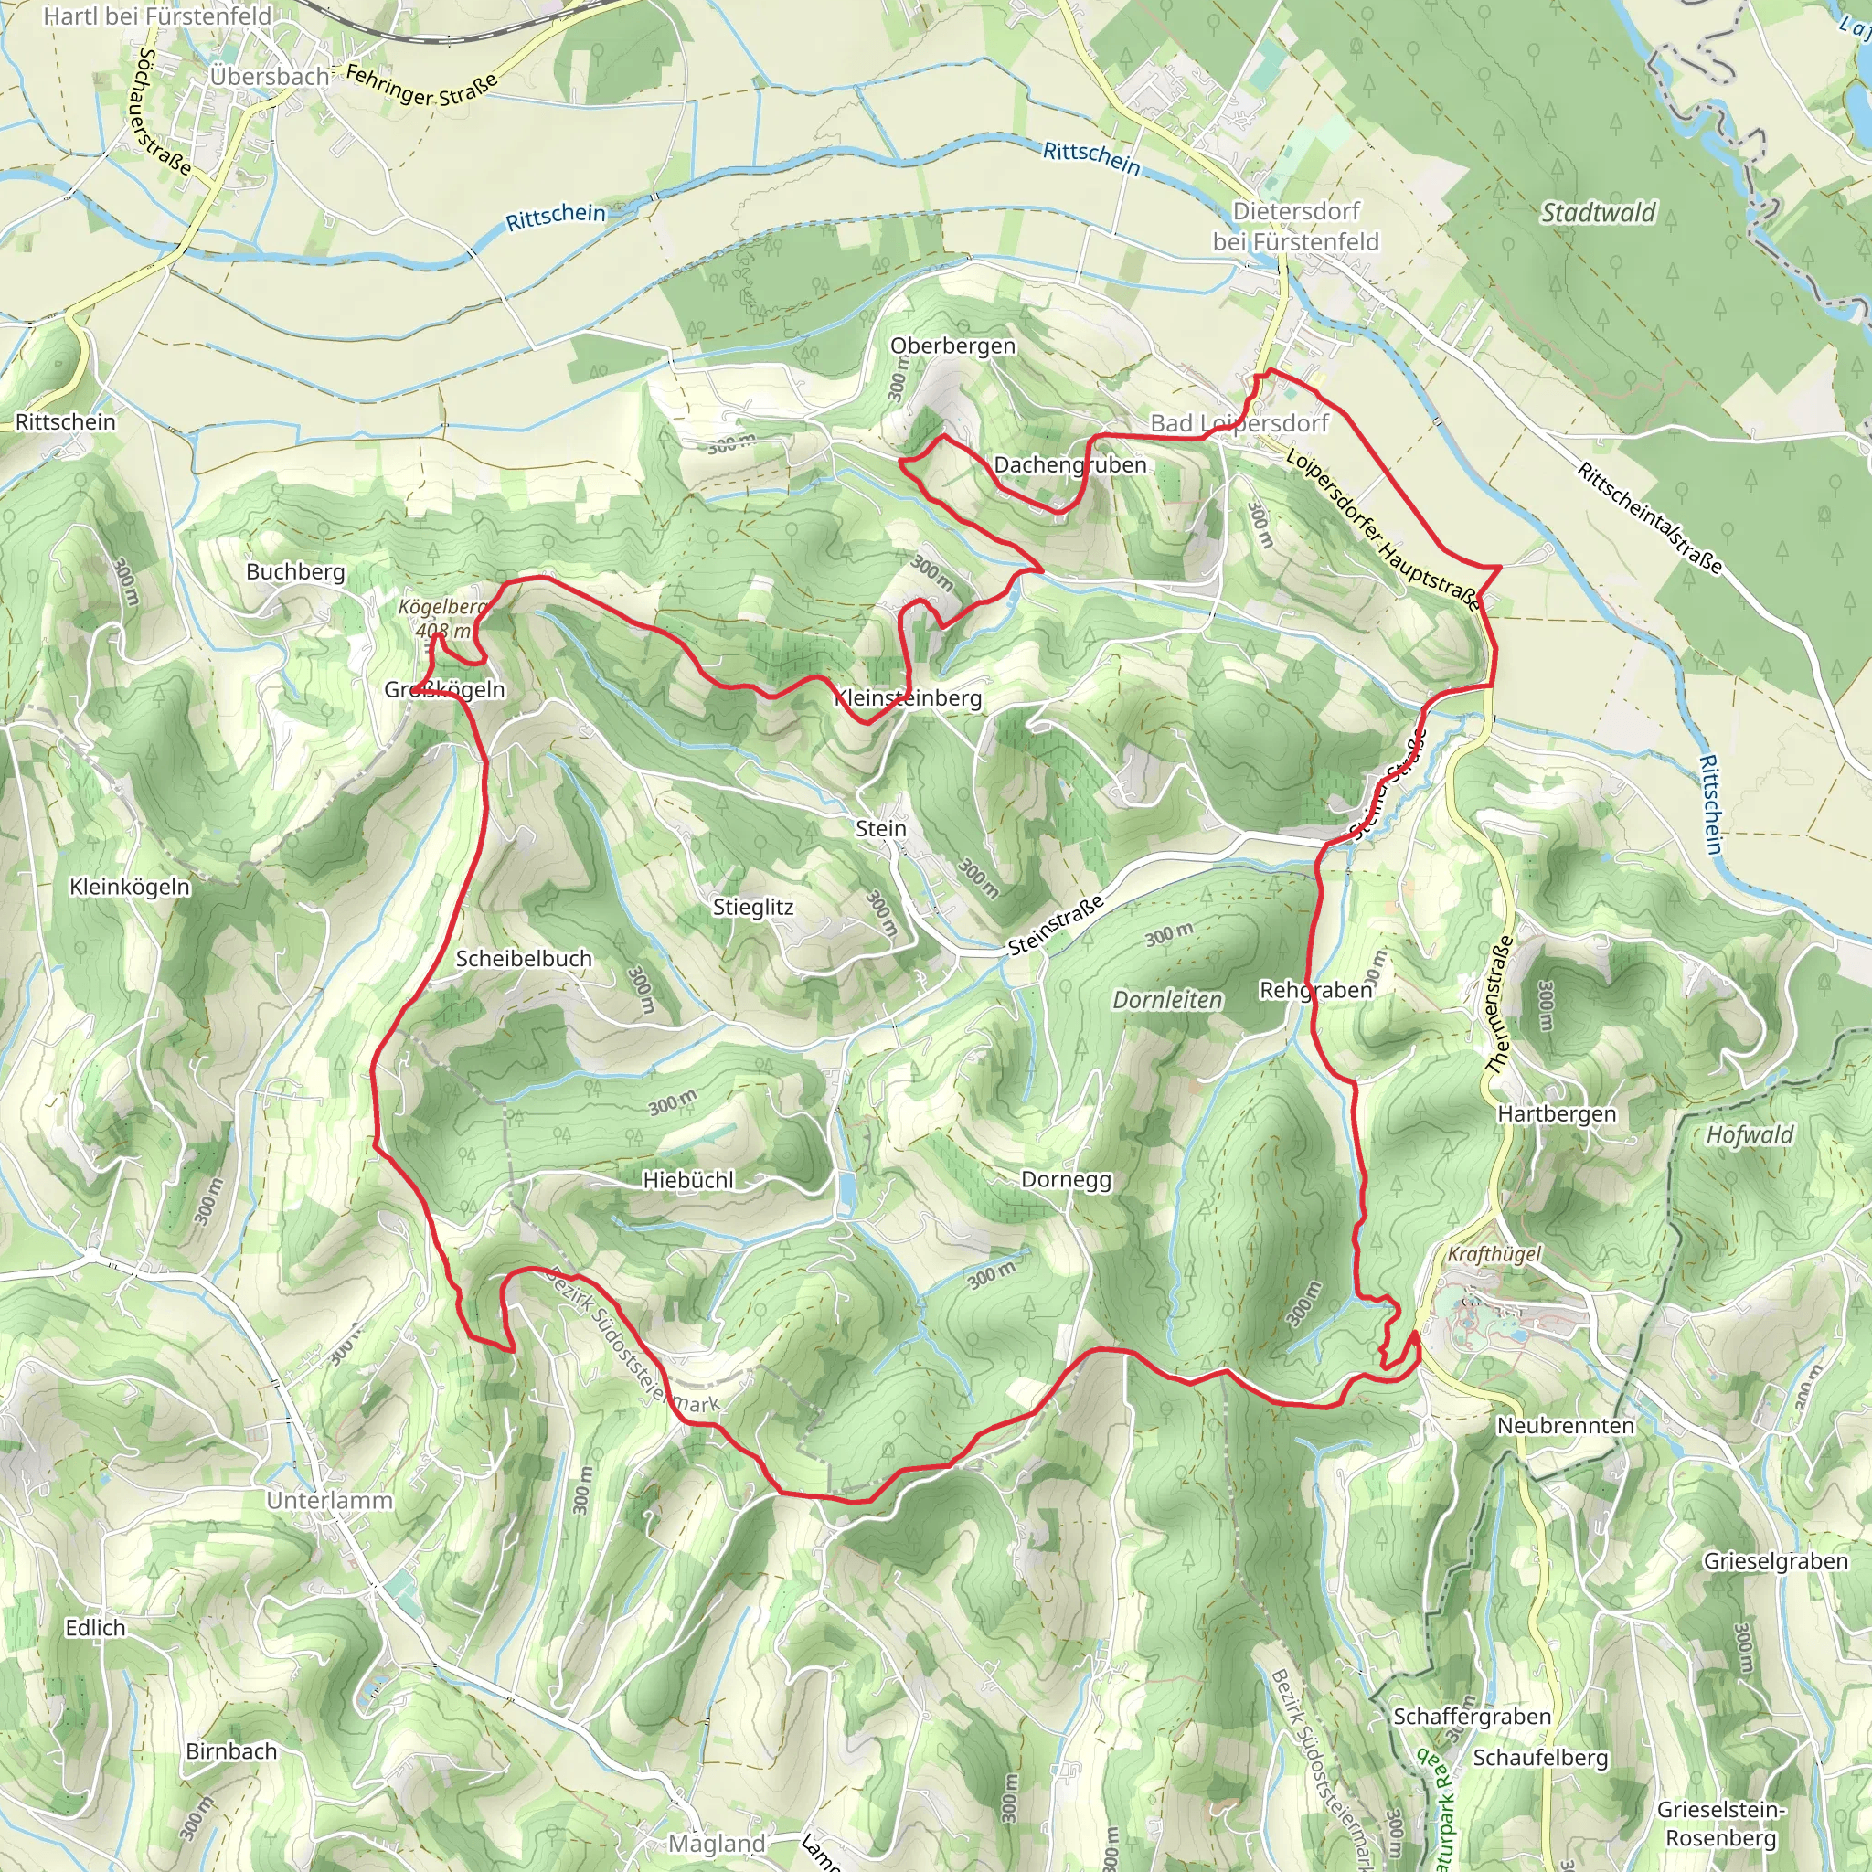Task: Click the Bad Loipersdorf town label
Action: point(1239,423)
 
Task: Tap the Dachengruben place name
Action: point(1069,465)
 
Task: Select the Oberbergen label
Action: point(952,346)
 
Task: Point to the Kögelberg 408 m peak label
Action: point(442,618)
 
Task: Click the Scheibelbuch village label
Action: point(523,958)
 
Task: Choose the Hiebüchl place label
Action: point(688,1180)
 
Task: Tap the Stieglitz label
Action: point(753,907)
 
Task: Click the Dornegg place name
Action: point(1066,1179)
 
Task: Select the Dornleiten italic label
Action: point(1166,1000)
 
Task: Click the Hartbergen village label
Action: point(1556,1113)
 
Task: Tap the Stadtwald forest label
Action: point(1598,212)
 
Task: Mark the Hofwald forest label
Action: point(1749,1134)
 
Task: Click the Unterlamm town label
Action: point(329,1500)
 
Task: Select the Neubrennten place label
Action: point(1565,1425)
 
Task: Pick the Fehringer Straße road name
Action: point(420,87)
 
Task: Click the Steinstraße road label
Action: point(1055,925)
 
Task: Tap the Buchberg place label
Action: point(295,571)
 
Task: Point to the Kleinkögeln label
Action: point(130,887)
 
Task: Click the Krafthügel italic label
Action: point(1494,1254)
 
